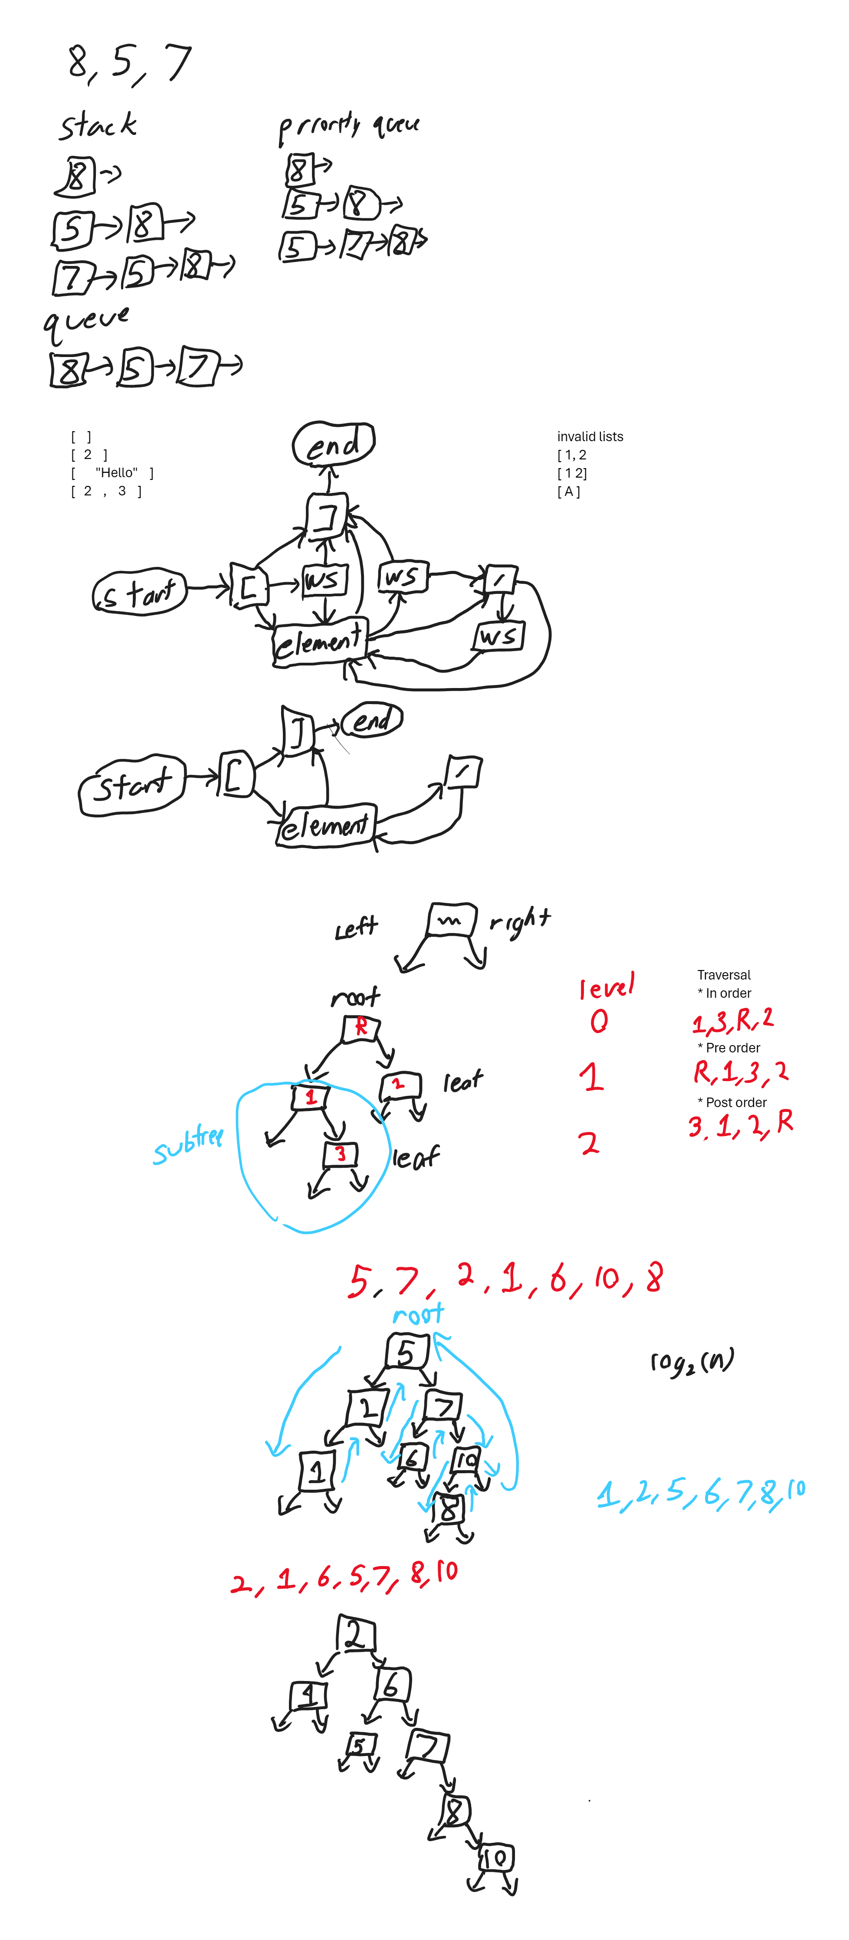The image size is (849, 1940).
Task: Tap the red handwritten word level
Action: [606, 986]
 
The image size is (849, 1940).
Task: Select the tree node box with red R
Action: [361, 1027]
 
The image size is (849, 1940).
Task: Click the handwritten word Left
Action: [356, 928]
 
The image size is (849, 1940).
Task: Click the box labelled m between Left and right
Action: [452, 920]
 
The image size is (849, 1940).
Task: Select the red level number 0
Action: [599, 1021]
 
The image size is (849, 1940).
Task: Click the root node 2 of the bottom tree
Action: [356, 1634]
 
